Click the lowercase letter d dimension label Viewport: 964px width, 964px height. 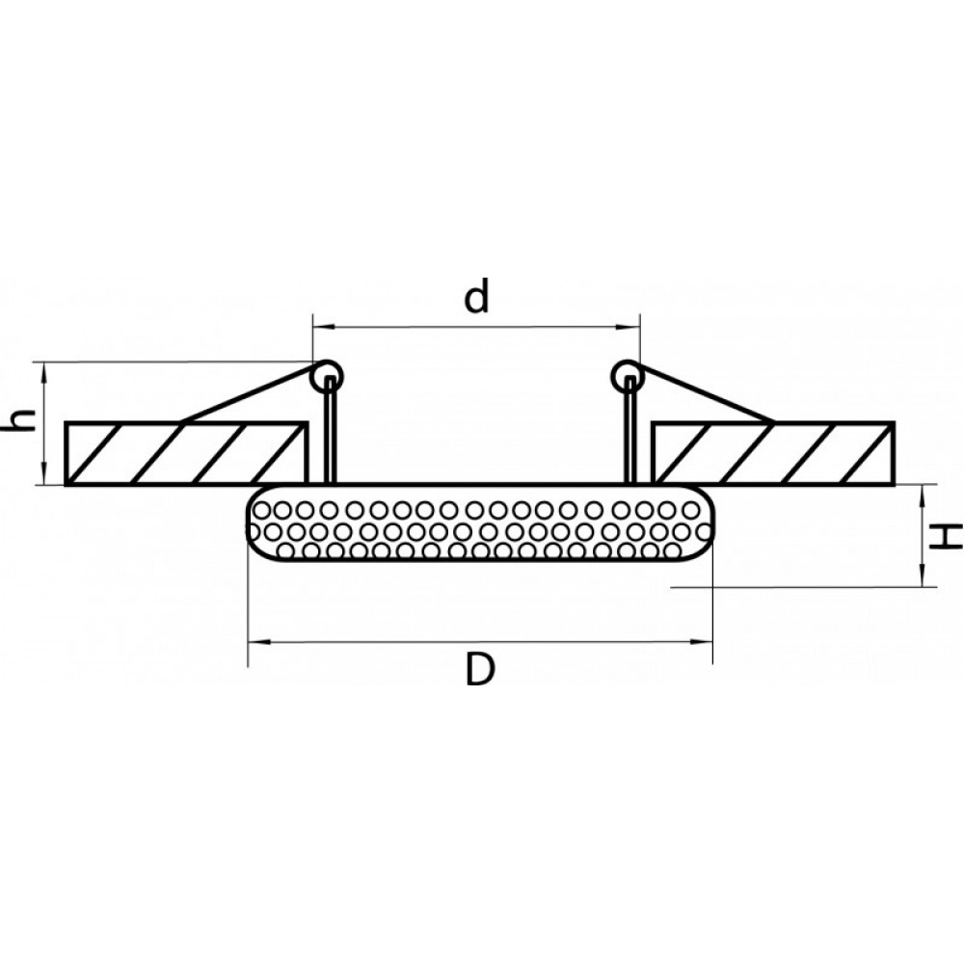[x=477, y=295]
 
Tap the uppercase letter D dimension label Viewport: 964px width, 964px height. [x=479, y=670]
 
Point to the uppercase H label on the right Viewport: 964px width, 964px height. [x=945, y=537]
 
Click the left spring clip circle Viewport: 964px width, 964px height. [x=327, y=376]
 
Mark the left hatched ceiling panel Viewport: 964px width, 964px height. [x=185, y=453]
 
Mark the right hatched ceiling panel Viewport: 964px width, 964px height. [x=773, y=453]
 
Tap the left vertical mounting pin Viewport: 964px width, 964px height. [x=331, y=430]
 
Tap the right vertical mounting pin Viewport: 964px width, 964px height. [x=629, y=430]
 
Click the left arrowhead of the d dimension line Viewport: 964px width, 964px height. [x=321, y=328]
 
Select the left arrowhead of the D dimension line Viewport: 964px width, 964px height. [x=257, y=642]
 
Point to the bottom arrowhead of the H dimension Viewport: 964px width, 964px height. [x=922, y=577]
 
